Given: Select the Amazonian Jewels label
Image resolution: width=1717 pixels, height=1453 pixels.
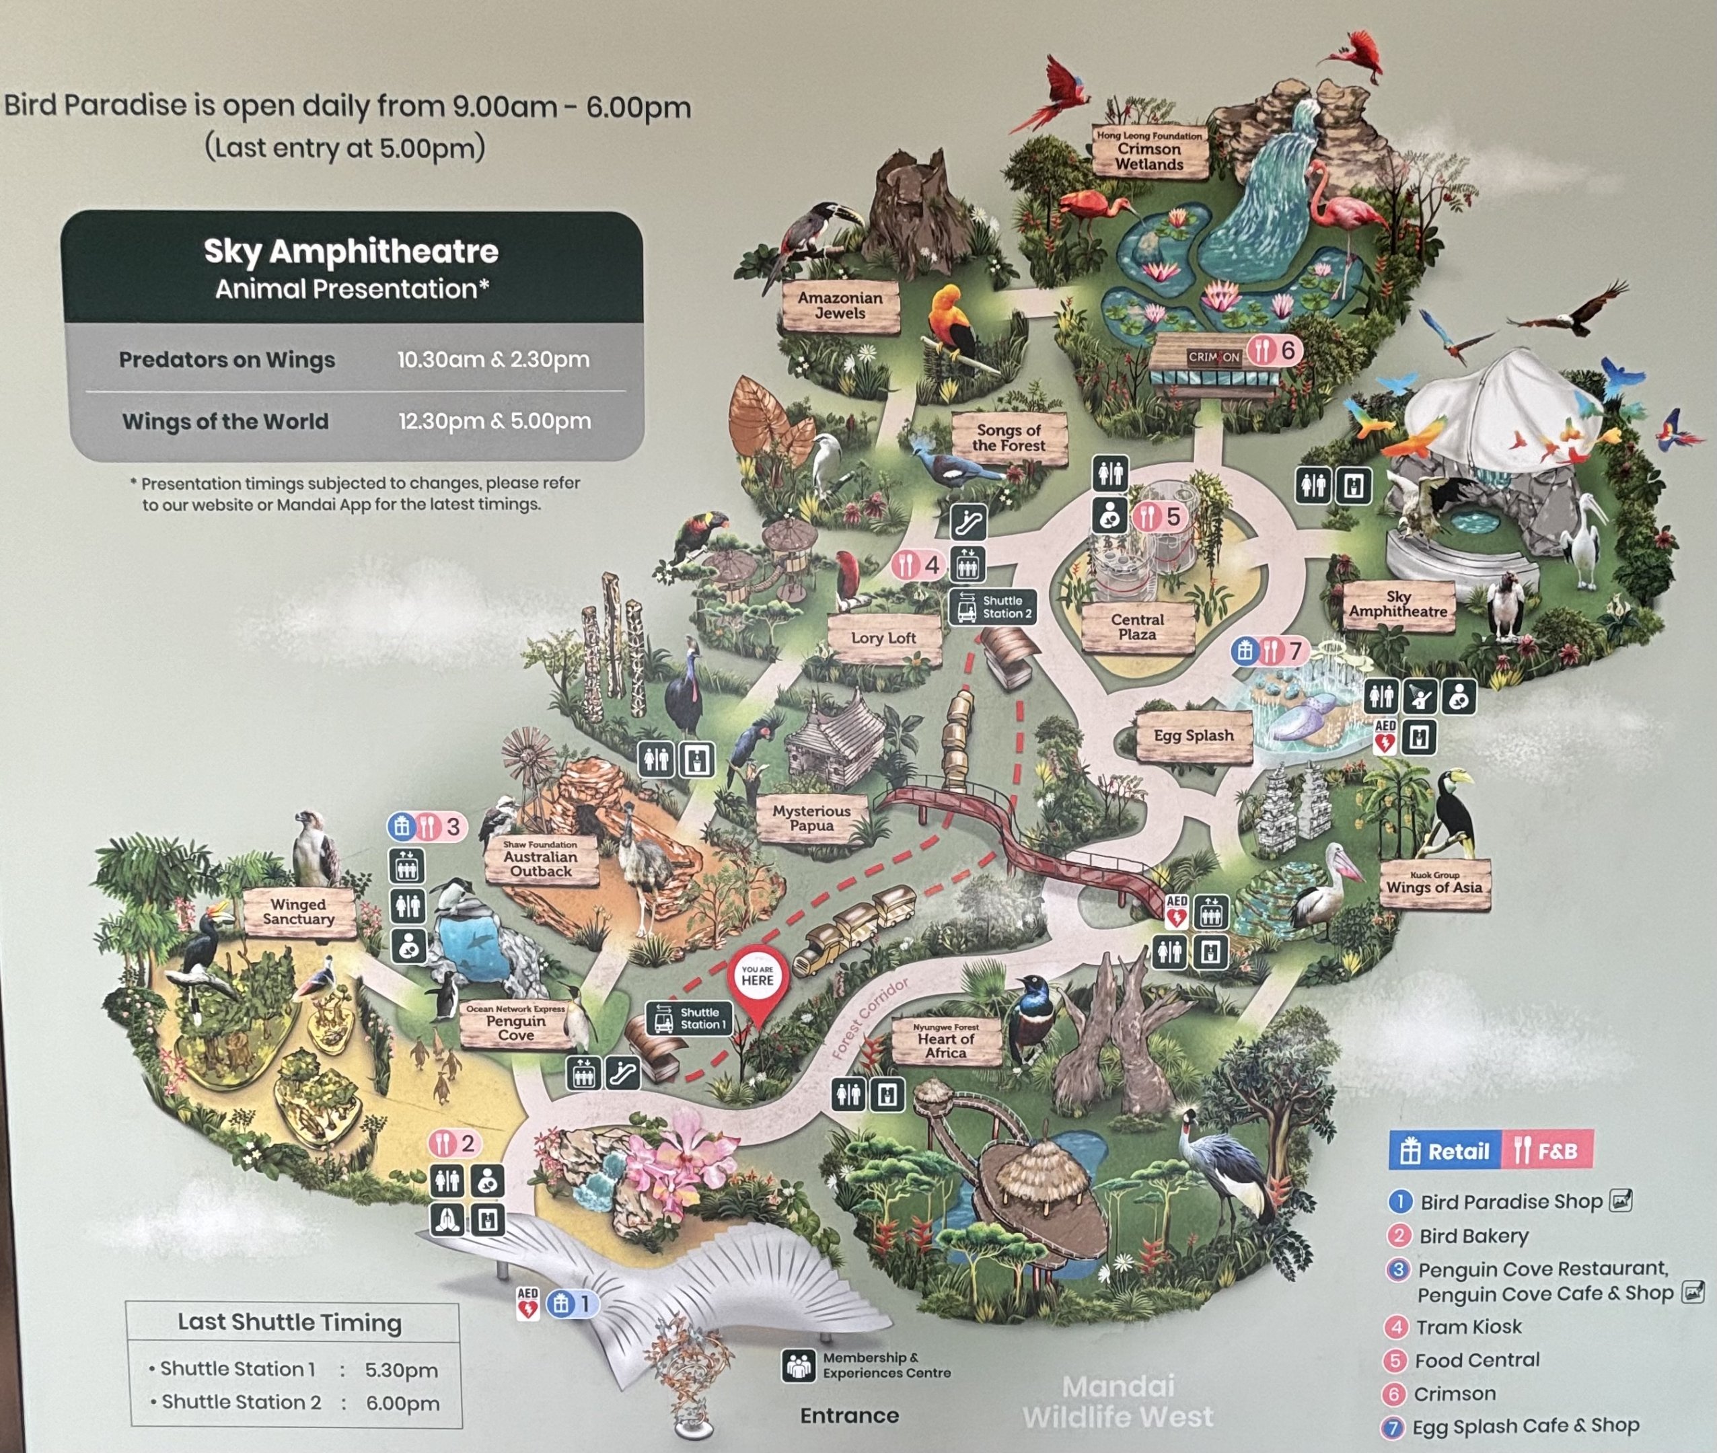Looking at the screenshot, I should point(840,305).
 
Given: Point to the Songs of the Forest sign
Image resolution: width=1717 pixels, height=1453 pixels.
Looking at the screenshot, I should point(1009,437).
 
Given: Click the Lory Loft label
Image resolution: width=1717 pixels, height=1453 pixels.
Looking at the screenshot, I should point(883,638).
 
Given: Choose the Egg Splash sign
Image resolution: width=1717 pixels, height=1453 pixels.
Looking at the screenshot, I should point(1193,735).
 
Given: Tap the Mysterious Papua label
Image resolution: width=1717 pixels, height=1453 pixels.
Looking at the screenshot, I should point(811,818).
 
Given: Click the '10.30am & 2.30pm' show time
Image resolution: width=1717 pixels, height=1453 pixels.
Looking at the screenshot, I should point(492,360).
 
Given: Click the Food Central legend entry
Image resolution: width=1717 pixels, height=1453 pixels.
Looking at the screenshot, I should point(1475,1361).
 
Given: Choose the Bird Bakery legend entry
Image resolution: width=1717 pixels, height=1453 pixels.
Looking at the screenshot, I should point(1473,1236).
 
